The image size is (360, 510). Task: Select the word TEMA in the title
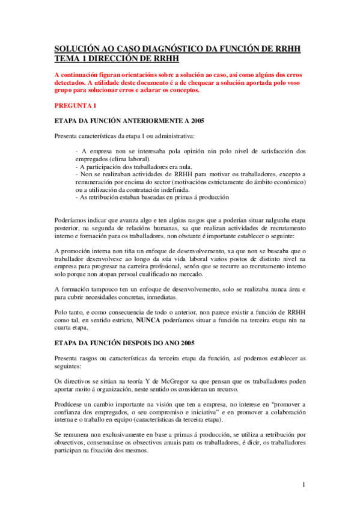[67, 58]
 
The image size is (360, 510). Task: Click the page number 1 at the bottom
[304, 484]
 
